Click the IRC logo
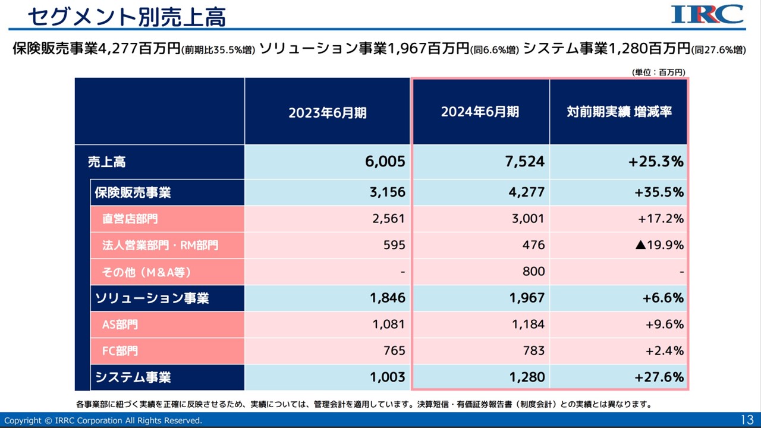[707, 14]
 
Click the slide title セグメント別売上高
[127, 17]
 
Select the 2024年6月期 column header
[480, 112]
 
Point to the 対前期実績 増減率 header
[619, 112]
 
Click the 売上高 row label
[107, 162]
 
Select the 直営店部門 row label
[130, 219]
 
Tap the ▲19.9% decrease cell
[659, 245]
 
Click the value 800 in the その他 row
[534, 272]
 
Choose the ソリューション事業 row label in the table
[152, 298]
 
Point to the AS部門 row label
[120, 325]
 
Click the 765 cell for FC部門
[394, 351]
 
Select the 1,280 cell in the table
[527, 377]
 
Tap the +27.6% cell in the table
[659, 377]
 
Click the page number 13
[747, 420]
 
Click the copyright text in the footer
[103, 420]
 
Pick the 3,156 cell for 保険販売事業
[387, 193]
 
